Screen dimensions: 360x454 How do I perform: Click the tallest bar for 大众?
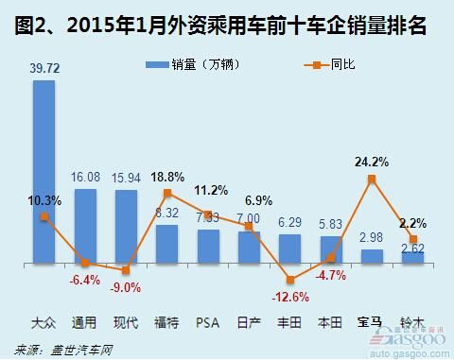click(44, 170)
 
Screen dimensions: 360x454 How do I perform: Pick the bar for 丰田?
click(289, 248)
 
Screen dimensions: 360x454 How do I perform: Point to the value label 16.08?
click(85, 178)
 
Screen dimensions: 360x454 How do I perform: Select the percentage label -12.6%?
click(289, 298)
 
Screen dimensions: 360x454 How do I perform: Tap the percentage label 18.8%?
click(167, 176)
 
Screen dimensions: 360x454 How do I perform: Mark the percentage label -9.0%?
click(126, 288)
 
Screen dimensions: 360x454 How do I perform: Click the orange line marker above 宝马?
click(372, 179)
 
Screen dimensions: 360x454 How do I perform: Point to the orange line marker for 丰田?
click(289, 280)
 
